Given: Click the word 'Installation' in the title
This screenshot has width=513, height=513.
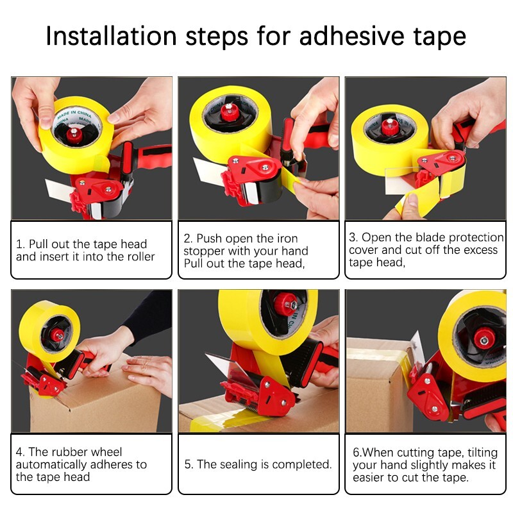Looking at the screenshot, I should pyautogui.click(x=110, y=37).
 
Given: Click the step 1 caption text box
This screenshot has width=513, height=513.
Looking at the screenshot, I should pyautogui.click(x=91, y=250).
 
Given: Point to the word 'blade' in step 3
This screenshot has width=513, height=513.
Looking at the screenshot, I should pyautogui.click(x=412, y=237).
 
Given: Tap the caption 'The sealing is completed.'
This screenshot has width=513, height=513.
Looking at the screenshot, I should pyautogui.click(x=258, y=464).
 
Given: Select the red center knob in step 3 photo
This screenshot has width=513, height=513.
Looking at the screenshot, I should pyautogui.click(x=391, y=125).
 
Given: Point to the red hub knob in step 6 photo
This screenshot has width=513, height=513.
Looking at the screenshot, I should pyautogui.click(x=482, y=336).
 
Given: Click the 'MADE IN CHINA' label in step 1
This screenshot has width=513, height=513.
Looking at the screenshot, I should pyautogui.click(x=72, y=113).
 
